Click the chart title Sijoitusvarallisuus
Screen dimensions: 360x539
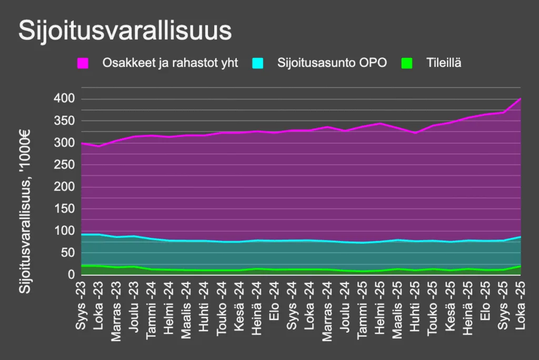(125, 31)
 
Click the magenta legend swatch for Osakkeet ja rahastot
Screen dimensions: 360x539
(83, 63)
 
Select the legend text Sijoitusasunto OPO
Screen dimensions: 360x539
(332, 63)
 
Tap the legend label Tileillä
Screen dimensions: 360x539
(444, 63)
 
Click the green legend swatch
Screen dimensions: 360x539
(406, 63)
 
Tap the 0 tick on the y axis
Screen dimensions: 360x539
(71, 275)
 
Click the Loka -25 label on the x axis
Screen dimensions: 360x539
(520, 307)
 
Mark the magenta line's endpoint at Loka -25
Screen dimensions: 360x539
(521, 99)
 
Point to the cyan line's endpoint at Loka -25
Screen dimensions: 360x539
(521, 237)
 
